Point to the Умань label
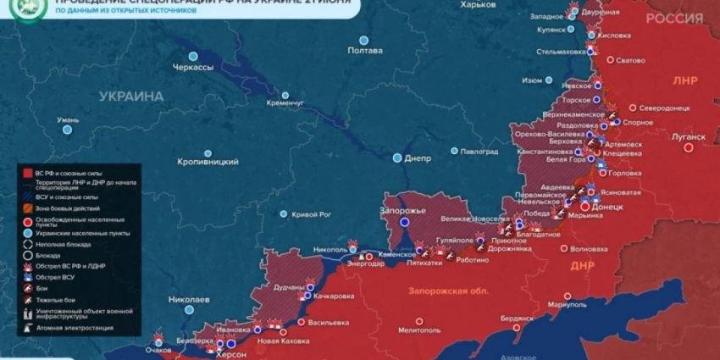[68, 120]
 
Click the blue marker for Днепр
[397, 158]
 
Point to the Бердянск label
[518, 318]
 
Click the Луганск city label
[687, 136]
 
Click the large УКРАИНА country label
[130, 97]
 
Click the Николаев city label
[189, 300]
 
